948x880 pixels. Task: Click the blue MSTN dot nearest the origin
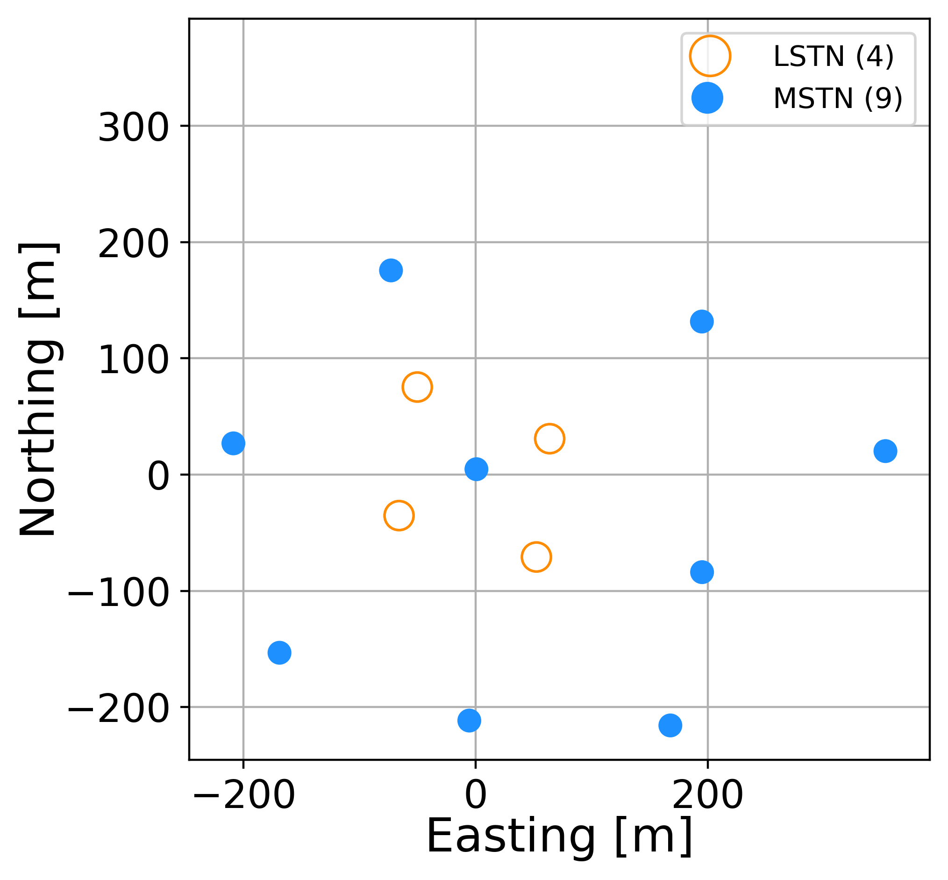tap(476, 469)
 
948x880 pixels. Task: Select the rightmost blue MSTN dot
tap(885, 451)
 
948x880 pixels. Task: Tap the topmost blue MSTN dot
tap(391, 270)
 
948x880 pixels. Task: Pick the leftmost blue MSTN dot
tap(233, 443)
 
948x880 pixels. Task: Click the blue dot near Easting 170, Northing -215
tap(670, 725)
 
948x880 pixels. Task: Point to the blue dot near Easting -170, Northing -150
tap(279, 652)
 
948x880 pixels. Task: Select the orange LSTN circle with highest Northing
tap(417, 387)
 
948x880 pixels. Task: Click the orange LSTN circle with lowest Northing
tap(536, 557)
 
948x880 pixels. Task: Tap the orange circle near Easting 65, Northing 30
tap(549, 438)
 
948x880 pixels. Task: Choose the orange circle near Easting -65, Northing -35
tap(399, 515)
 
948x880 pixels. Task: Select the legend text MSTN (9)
tap(838, 99)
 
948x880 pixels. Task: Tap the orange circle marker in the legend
tap(710, 56)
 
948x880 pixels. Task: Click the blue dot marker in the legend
tap(707, 98)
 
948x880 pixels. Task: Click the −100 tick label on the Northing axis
tap(118, 593)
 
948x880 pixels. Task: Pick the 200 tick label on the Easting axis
tap(708, 795)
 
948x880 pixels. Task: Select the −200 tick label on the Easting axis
tap(244, 795)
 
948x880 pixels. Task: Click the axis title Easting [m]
tap(559, 836)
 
